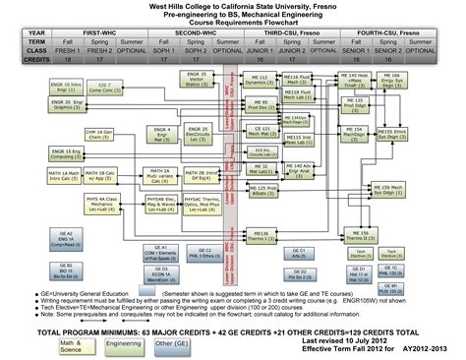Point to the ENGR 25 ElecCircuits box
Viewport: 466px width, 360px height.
click(198, 132)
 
